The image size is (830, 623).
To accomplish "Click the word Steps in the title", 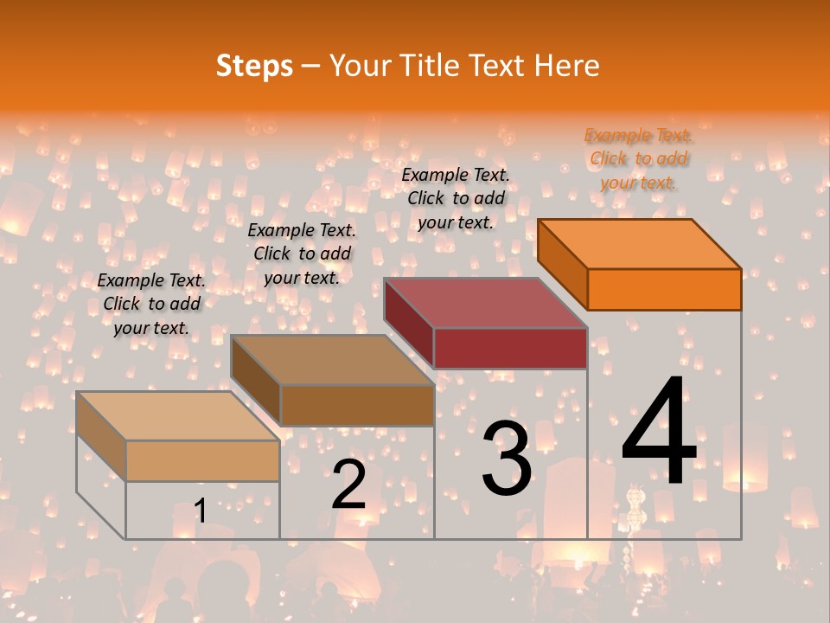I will coord(254,66).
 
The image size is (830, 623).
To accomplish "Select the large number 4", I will coord(659,432).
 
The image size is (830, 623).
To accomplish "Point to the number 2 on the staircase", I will coord(348,484).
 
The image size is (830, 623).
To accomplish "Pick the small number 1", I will coord(200,511).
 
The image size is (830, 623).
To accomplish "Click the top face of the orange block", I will coord(640,243).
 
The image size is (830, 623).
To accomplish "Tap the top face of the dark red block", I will coord(486,303).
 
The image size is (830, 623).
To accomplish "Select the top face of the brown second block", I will coord(332,360).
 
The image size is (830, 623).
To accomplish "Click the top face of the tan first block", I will coord(178,416).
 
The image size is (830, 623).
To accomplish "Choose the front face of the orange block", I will coord(664,289).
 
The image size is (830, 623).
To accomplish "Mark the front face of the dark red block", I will coord(510,348).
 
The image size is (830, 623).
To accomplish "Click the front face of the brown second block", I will coord(357,405).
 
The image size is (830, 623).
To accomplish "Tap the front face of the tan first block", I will coord(202,460).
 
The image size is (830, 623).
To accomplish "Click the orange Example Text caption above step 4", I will coord(638,158).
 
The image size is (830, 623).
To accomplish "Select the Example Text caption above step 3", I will coord(456,198).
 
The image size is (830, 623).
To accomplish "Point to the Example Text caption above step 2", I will coord(302,254).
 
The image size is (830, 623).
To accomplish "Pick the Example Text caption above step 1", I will coord(151,304).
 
